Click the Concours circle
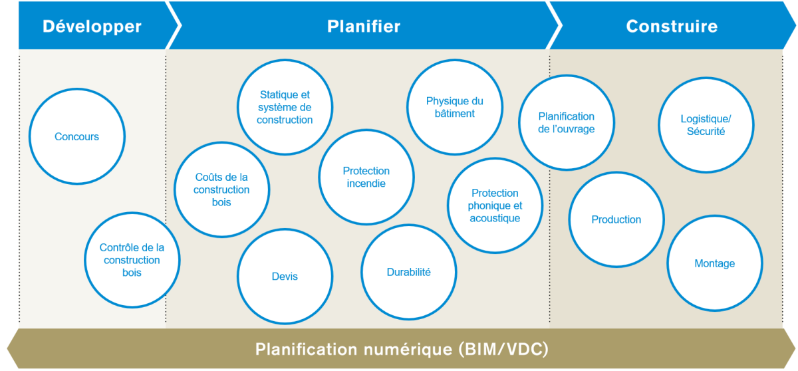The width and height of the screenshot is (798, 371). [x=77, y=137]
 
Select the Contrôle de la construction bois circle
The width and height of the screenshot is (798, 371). [x=132, y=260]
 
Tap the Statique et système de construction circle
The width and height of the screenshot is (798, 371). [x=285, y=108]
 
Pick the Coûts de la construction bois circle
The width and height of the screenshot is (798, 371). [x=221, y=189]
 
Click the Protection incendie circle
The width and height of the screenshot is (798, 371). [x=366, y=177]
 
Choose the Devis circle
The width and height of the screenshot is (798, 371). [x=285, y=276]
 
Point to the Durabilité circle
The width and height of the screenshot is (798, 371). [x=409, y=272]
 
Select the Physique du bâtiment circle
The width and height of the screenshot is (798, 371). [x=455, y=107]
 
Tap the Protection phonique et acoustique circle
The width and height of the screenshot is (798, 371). [x=495, y=205]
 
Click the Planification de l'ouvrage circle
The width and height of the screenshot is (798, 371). [x=567, y=122]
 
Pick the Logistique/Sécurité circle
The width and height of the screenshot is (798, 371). [x=706, y=125]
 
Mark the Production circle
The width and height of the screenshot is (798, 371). [x=616, y=219]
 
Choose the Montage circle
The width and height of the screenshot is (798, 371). [x=715, y=263]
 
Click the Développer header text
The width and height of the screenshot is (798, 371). [x=92, y=27]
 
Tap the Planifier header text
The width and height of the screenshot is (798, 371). [x=364, y=27]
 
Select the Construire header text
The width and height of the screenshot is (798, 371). [x=672, y=27]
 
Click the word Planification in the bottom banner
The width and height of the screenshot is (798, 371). [x=304, y=349]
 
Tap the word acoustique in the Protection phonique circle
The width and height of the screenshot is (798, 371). [x=495, y=218]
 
